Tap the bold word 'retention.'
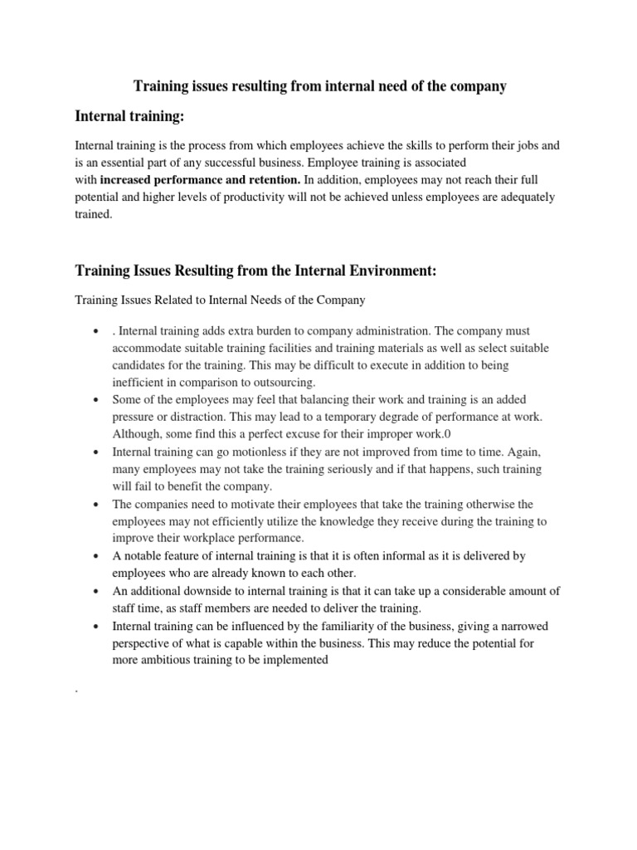(x=273, y=178)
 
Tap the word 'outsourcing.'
(x=281, y=383)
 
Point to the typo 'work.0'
(x=437, y=434)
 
